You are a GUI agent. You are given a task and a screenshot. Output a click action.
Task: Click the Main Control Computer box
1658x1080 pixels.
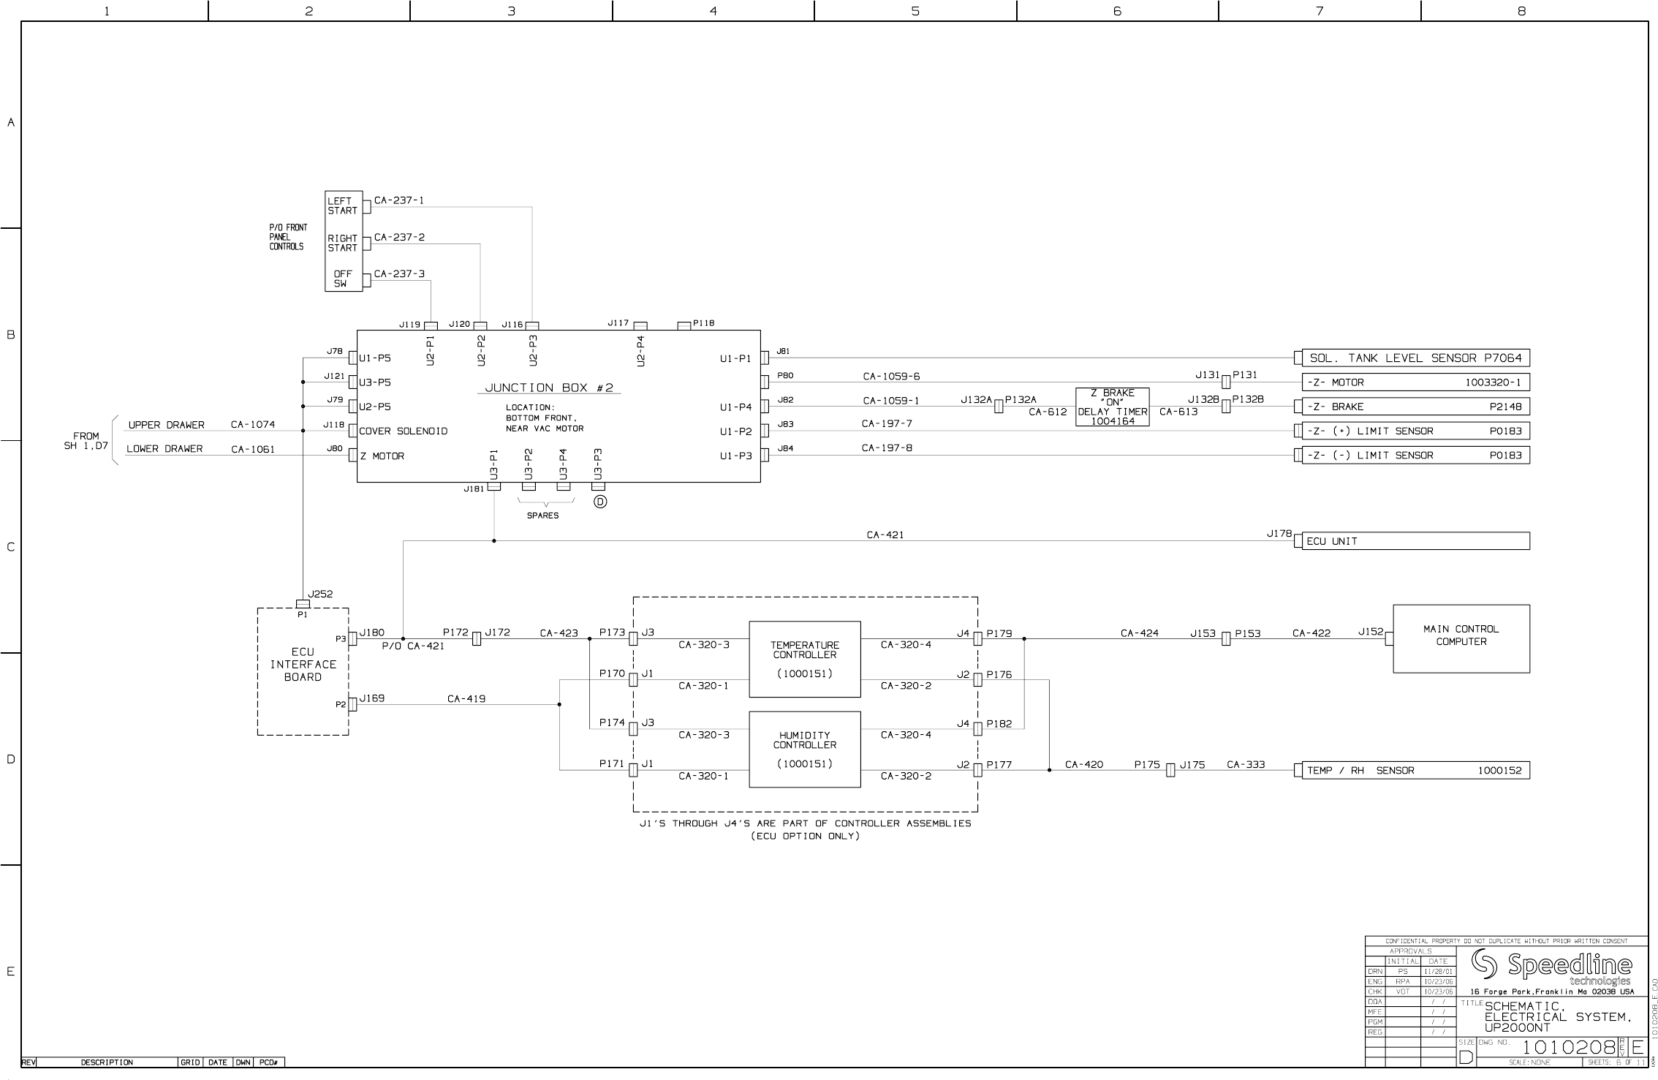(1461, 638)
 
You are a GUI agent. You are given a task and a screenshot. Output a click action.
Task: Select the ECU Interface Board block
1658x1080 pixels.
(303, 665)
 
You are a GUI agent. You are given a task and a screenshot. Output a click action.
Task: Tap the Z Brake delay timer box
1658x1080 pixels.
(1112, 407)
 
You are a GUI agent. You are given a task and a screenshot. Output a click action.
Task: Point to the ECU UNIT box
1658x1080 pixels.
(1415, 541)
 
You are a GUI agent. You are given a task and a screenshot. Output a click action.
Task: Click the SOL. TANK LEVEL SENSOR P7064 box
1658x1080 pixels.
(1415, 358)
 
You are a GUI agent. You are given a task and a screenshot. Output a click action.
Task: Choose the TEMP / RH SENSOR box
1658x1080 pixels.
(1415, 770)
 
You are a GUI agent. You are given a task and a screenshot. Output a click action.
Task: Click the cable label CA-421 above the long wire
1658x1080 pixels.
(885, 535)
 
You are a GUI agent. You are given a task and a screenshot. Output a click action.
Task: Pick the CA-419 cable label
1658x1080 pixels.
(466, 698)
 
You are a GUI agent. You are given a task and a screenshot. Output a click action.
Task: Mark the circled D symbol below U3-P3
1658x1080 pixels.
(600, 502)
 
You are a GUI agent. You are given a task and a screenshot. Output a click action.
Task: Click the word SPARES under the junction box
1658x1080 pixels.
(542, 516)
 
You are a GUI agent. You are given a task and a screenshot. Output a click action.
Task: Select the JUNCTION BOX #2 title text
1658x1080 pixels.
(549, 388)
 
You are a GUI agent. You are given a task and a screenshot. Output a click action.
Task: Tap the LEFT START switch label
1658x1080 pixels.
(342, 205)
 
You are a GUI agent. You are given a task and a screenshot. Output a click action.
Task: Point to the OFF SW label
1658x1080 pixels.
(341, 279)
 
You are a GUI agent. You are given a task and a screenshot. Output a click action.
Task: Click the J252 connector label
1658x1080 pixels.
(320, 594)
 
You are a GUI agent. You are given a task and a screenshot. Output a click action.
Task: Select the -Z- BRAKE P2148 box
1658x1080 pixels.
(1415, 407)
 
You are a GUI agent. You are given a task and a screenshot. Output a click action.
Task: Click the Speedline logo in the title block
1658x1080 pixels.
(1551, 967)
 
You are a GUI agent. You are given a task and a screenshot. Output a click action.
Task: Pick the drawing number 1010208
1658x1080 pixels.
(1568, 1048)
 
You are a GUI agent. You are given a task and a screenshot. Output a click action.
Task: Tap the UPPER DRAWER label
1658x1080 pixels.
(167, 425)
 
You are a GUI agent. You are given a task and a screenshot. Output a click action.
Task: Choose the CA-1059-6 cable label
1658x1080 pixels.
(891, 377)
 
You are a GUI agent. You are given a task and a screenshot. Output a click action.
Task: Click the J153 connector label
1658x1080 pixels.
(1203, 633)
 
